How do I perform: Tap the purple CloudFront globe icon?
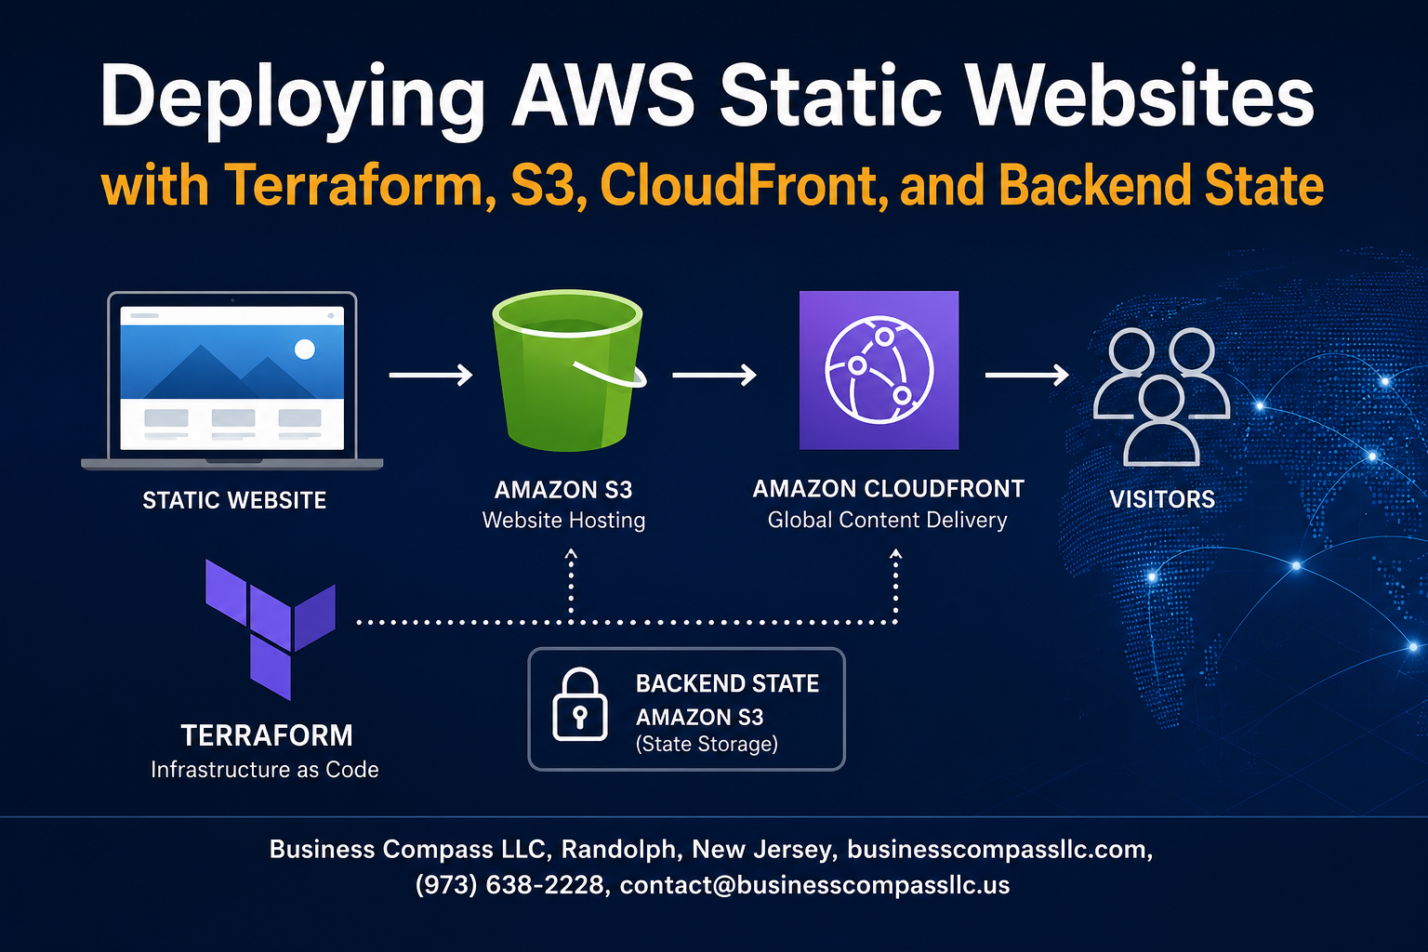coord(879,370)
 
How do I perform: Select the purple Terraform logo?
coord(271,629)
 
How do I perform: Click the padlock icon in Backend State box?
coord(579,705)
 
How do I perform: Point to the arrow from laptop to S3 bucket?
coord(431,375)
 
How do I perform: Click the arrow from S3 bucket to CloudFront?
coord(714,375)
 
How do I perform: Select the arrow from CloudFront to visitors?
coord(1027,375)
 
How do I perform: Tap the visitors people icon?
coord(1161,397)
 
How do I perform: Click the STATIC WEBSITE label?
coord(234,500)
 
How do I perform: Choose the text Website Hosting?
coord(563,521)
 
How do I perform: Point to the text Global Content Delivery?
coord(888,520)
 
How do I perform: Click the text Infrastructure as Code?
coord(265,770)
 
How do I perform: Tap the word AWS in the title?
coord(603,97)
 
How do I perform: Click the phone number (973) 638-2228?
coord(509,885)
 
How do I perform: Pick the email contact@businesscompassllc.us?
coord(814,885)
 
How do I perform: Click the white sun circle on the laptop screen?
coord(305,350)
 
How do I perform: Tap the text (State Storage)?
coord(707,744)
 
